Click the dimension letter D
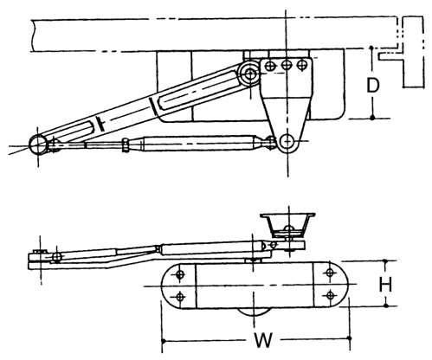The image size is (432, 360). tap(372, 85)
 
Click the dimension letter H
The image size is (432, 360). tap(385, 284)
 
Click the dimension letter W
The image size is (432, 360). tap(262, 340)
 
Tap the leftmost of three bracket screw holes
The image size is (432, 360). tap(270, 66)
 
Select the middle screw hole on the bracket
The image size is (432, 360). tap(287, 66)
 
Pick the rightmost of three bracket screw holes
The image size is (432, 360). tap(302, 65)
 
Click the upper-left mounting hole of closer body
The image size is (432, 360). tap(180, 274)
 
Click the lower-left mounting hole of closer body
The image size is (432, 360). tap(180, 296)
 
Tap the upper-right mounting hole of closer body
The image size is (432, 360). tap(330, 273)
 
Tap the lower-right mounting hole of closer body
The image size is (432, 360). tap(330, 295)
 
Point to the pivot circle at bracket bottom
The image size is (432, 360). tap(287, 141)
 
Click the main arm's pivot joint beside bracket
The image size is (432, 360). tap(250, 74)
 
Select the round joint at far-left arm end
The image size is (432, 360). tap(38, 145)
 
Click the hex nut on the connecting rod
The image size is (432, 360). tap(126, 145)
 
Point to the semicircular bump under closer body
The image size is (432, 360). tap(254, 312)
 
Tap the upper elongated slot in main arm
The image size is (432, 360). tap(197, 90)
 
